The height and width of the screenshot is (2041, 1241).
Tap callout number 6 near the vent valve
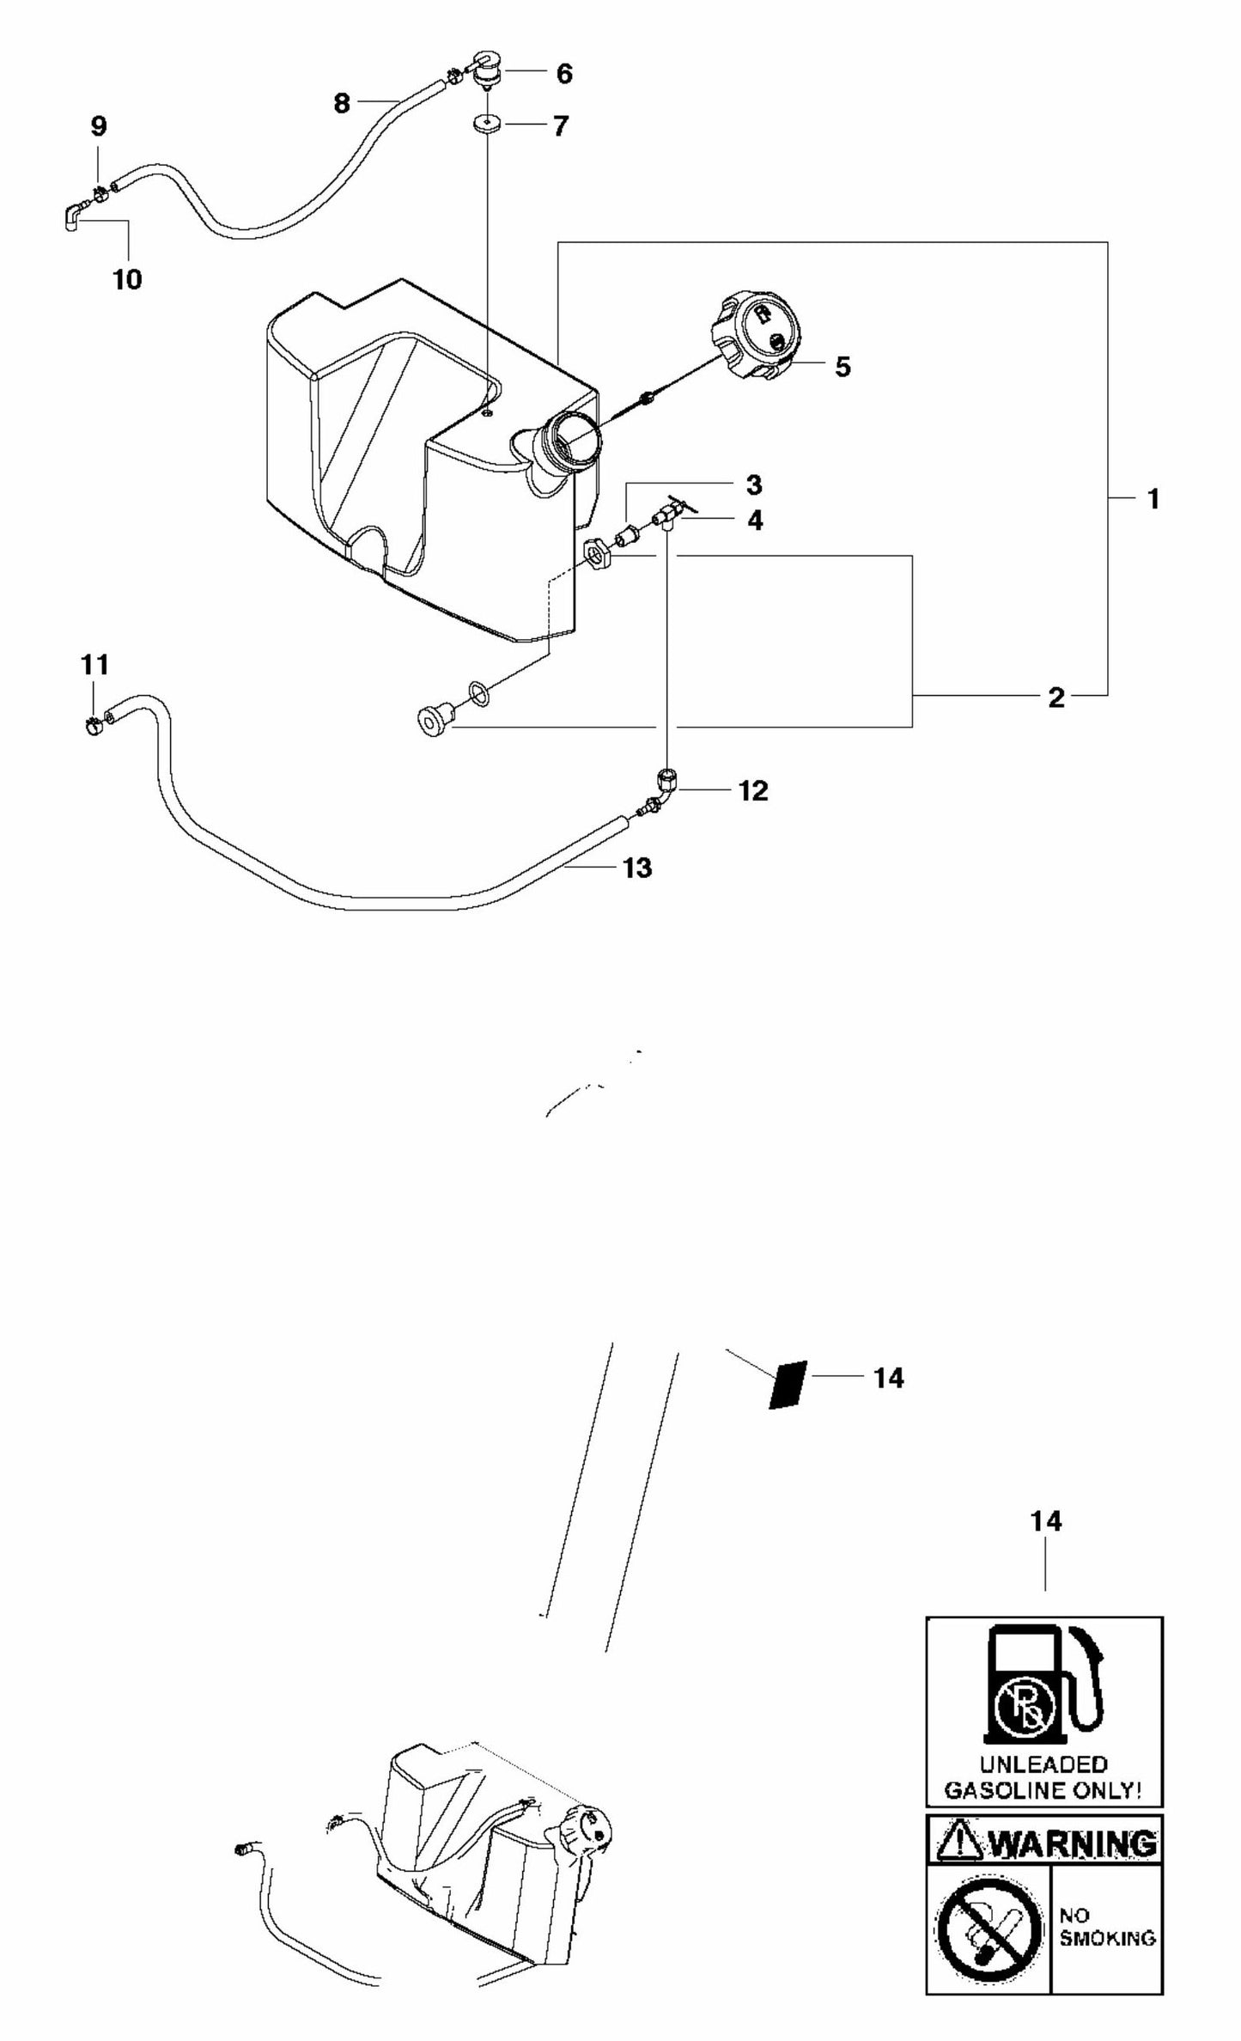click(x=563, y=74)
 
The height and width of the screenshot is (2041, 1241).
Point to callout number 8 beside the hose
click(x=342, y=104)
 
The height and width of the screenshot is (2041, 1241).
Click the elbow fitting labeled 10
click(x=71, y=216)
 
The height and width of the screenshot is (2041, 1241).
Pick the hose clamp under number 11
click(x=94, y=727)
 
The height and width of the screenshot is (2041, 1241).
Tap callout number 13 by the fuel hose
click(x=637, y=868)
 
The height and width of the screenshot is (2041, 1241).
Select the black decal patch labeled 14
click(x=787, y=1384)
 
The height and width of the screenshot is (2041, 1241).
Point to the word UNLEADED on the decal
click(x=1043, y=1764)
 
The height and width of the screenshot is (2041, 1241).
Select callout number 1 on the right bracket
click(x=1153, y=499)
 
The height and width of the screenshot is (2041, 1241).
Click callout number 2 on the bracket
click(x=1055, y=698)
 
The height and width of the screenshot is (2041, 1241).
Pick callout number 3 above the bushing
click(x=753, y=485)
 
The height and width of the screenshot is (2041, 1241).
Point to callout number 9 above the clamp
click(x=99, y=127)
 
